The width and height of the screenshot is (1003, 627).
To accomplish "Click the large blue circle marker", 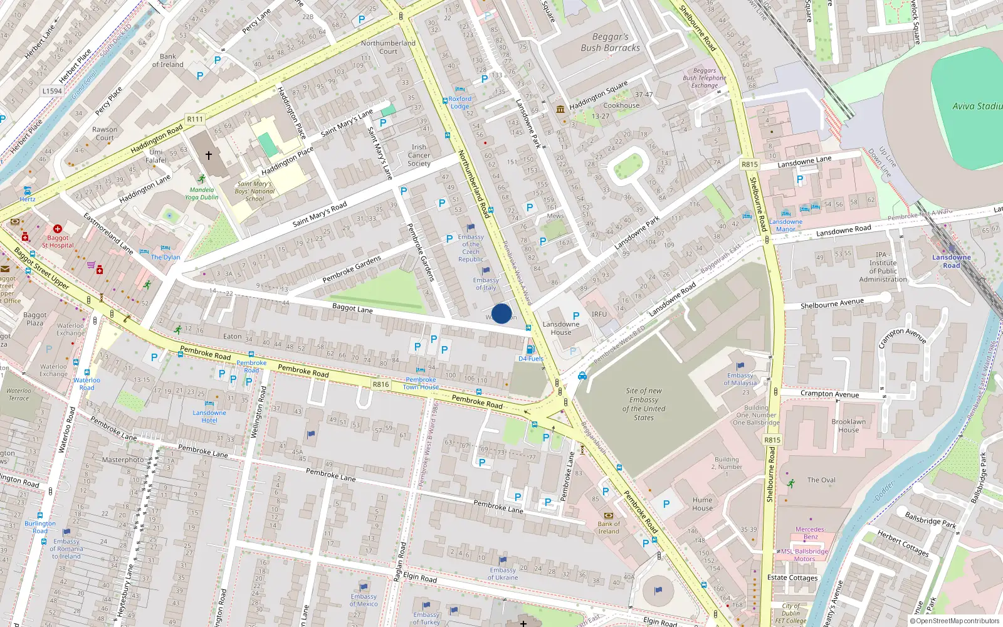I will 501,313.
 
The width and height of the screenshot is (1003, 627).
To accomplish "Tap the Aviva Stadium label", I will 977,107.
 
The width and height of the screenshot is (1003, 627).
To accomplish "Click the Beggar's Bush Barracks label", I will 610,43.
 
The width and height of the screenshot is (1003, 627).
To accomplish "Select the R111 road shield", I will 195,119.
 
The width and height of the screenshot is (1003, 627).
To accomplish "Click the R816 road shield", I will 381,384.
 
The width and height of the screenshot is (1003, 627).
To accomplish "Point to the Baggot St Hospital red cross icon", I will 58,229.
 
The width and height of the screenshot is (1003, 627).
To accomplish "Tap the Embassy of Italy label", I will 486,284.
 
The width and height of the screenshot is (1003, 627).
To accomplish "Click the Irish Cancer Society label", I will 419,155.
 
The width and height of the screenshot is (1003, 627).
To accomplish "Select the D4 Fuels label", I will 530,359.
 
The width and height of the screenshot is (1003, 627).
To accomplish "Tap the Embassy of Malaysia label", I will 740,379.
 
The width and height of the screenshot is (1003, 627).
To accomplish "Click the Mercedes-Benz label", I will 810,533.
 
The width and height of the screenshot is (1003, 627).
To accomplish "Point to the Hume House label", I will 702,504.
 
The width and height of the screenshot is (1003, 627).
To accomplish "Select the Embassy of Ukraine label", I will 503,574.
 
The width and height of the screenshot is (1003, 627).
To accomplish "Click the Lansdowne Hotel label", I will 209,416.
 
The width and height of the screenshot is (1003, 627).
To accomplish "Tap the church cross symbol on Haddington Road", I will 209,155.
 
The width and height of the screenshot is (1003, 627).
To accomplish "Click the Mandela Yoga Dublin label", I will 202,193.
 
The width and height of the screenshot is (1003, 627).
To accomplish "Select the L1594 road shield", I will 52,91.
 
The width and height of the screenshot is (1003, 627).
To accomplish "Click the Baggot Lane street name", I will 352,308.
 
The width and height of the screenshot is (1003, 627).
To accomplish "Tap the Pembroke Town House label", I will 421,383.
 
